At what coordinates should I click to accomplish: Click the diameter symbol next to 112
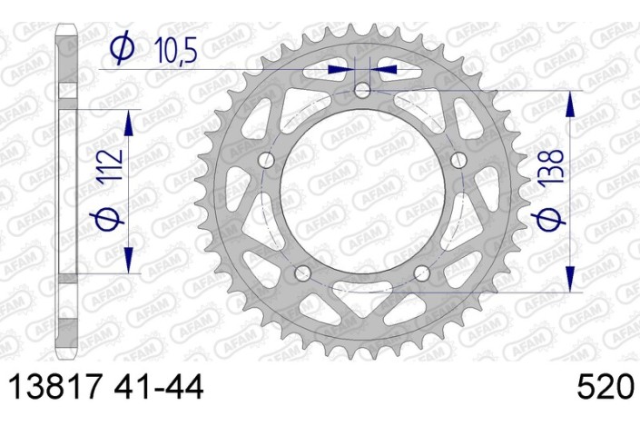click(107, 218)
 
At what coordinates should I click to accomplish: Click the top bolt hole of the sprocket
click(363, 90)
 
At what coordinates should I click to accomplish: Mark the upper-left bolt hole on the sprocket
click(266, 161)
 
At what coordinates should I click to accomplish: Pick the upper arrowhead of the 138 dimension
click(570, 104)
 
